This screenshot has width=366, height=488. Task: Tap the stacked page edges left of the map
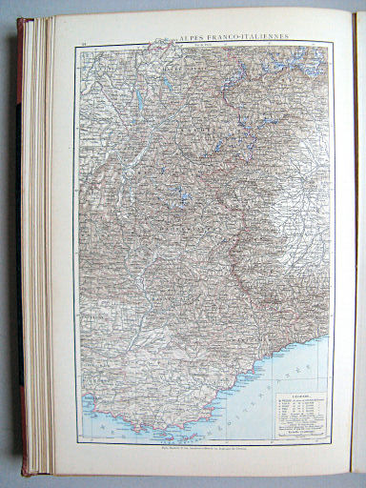38,238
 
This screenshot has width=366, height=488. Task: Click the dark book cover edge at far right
359,238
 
